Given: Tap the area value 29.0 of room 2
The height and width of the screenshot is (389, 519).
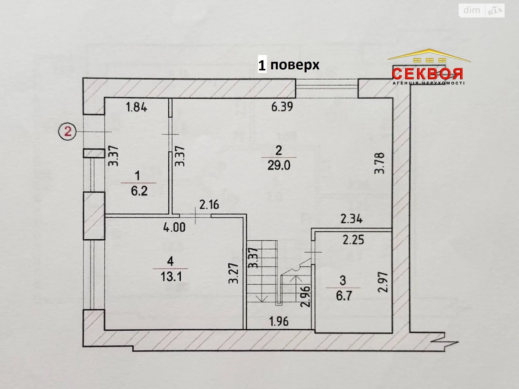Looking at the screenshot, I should point(279,165).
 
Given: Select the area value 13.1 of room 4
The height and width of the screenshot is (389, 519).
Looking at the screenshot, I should point(171,277).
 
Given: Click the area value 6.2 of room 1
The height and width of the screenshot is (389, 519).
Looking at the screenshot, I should point(139,191).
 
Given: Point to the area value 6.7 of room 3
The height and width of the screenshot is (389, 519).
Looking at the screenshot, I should point(344,296).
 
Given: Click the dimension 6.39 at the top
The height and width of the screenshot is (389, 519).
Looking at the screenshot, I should point(282,107).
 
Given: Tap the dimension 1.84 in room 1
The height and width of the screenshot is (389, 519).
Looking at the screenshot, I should point(136,107).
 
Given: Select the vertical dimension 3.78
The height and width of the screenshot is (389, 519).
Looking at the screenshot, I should point(379,163).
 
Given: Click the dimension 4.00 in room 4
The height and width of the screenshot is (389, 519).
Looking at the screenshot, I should point(175,227).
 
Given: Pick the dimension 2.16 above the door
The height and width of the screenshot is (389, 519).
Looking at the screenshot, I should point(209,205).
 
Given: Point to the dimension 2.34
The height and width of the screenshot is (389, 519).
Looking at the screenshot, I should point(352,219).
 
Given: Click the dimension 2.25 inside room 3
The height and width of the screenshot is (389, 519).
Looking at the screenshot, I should point(354,240).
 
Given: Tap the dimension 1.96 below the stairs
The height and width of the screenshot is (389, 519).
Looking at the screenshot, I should point(279,321).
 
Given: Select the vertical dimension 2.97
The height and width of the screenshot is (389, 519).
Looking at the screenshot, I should point(383,282).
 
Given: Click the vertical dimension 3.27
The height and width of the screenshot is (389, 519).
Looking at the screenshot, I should point(234,273).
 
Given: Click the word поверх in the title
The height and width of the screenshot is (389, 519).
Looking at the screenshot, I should point(295,65).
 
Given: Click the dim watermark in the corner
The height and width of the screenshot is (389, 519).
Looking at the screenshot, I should point(472,10).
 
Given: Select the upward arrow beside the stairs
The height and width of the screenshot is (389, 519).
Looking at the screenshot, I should point(295,278).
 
